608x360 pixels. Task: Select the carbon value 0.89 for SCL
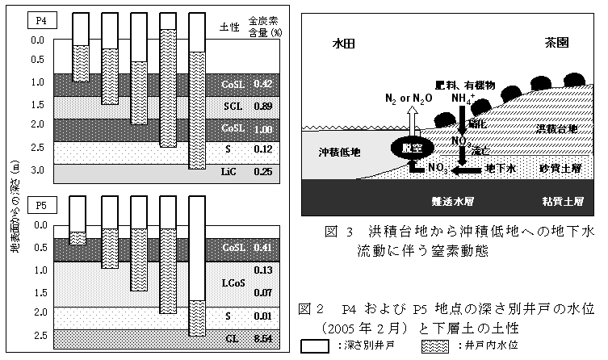(262, 106)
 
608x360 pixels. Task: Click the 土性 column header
(229, 27)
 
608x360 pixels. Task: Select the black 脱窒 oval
(418, 149)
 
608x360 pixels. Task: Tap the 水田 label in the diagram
(343, 46)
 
